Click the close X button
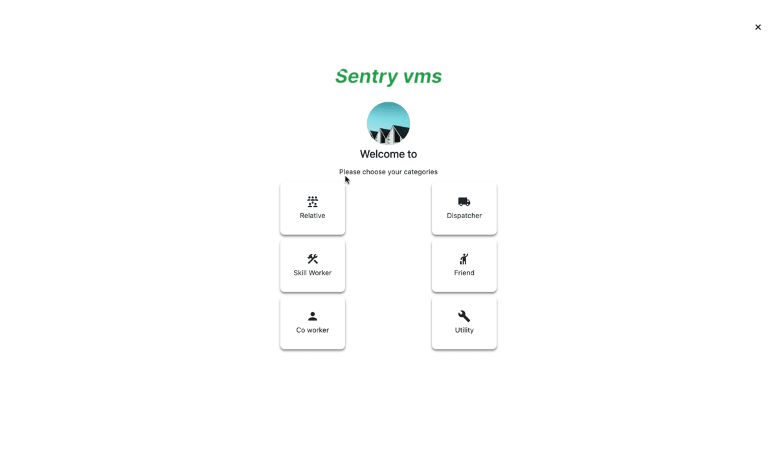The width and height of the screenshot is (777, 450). (758, 27)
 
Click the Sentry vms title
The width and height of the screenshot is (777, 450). (388, 76)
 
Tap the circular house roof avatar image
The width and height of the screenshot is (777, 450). (388, 123)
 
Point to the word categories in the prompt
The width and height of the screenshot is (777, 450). (420, 172)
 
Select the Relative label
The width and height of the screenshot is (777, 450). (313, 216)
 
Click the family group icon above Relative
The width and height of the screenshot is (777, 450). (313, 201)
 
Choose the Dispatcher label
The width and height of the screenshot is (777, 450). (464, 216)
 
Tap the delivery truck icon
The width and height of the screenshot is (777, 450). (464, 201)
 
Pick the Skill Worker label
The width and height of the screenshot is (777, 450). (313, 273)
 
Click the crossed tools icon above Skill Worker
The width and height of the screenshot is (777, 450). (313, 259)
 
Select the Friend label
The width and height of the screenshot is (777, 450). (464, 273)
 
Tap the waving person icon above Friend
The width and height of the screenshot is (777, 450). (464, 259)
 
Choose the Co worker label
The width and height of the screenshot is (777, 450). (313, 330)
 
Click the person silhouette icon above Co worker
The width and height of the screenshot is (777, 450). (313, 316)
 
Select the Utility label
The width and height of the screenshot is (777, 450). (464, 330)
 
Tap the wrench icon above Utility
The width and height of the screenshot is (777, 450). (464, 316)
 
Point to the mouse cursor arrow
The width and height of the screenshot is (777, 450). (347, 180)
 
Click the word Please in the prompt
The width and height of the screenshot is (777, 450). (350, 172)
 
